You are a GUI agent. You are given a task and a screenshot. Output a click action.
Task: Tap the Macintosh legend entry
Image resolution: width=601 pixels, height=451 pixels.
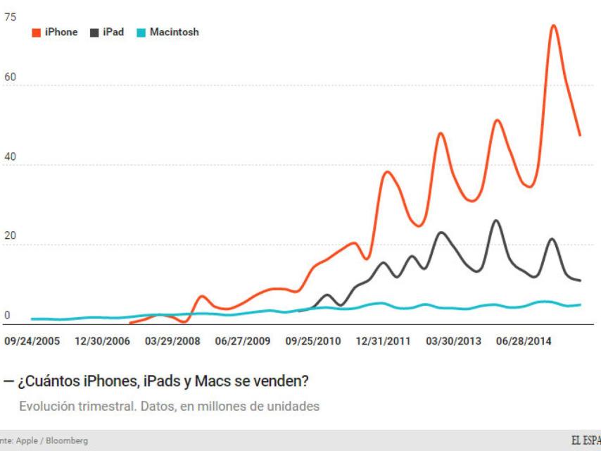(x=167, y=32)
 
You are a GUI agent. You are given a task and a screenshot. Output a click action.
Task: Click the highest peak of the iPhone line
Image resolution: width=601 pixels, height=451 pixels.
(x=553, y=26)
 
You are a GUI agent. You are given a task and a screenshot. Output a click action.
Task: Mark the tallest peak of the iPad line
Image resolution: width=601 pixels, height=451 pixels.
(x=496, y=221)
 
